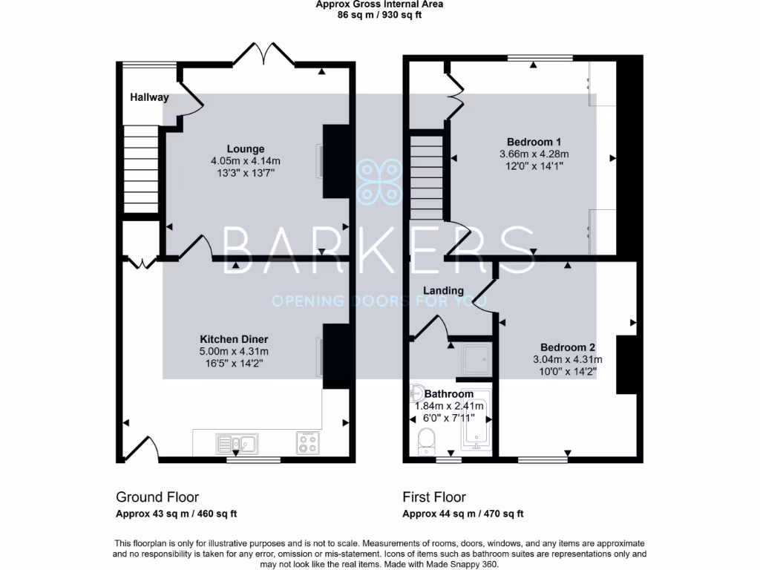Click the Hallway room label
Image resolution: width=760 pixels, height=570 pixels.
coord(149,97)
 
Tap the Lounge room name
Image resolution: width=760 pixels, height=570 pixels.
coord(246,149)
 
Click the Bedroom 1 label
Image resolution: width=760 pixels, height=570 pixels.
coord(534,142)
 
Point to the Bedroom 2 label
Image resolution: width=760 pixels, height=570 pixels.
coord(567,347)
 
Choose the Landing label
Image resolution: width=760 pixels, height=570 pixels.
coord(444,290)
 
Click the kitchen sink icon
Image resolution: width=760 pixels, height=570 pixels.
coord(237,443)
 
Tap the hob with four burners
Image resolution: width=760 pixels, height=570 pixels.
coord(307,442)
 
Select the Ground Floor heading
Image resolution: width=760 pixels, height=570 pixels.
coord(157,497)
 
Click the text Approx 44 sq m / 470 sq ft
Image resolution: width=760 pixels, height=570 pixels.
coord(463,514)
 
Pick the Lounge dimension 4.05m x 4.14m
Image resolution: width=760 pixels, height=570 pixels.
coord(246,161)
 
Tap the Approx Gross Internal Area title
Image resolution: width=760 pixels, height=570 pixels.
coord(379,4)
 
